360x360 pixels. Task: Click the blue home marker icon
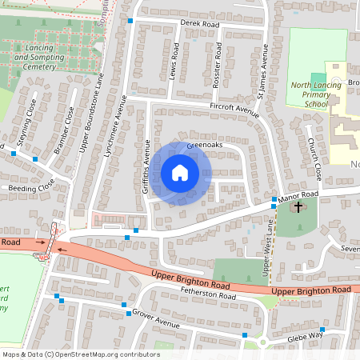179,172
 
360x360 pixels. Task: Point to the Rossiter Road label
216,59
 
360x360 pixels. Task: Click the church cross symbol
298,207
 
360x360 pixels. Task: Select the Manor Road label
299,194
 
